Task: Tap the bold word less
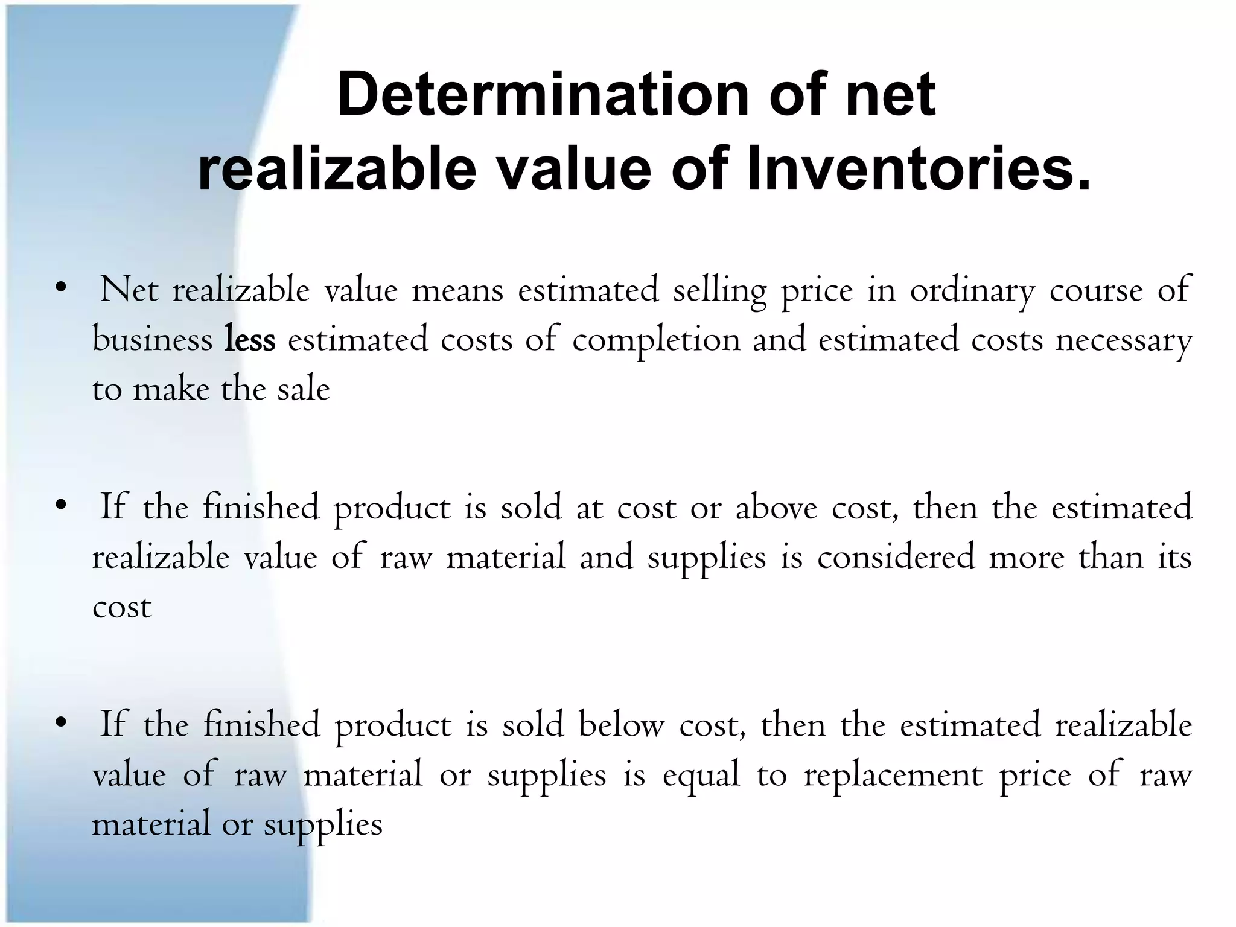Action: [250, 340]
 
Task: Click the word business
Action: [152, 340]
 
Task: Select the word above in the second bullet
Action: [776, 508]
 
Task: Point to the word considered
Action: [896, 557]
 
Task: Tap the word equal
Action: [701, 776]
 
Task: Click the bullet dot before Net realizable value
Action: [59, 289]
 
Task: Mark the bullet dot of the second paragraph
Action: [59, 506]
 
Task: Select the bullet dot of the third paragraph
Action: [59, 723]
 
